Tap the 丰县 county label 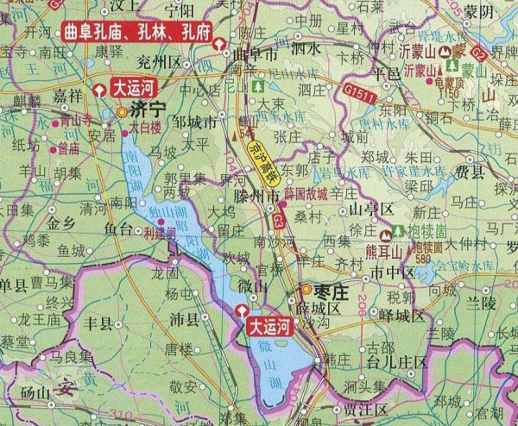pyautogui.click(x=96, y=323)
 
